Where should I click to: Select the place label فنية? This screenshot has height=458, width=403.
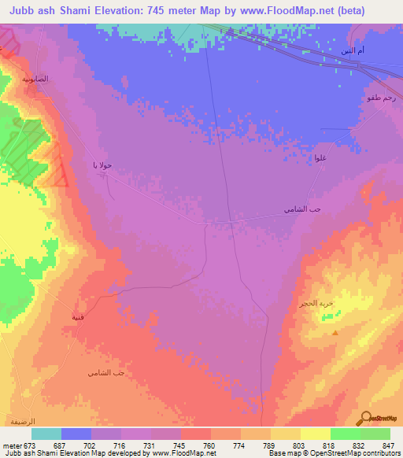pyautogui.click(x=79, y=317)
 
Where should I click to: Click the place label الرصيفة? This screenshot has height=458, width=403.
pyautogui.click(x=20, y=421)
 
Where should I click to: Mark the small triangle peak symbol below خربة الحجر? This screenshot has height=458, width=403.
pyautogui.click(x=336, y=333)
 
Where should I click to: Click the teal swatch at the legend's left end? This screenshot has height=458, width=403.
pyautogui.click(x=46, y=434)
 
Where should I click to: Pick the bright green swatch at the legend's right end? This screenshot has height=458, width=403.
pyautogui.click(x=375, y=434)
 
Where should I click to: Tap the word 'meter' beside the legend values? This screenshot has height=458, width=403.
pyautogui.click(x=12, y=445)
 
